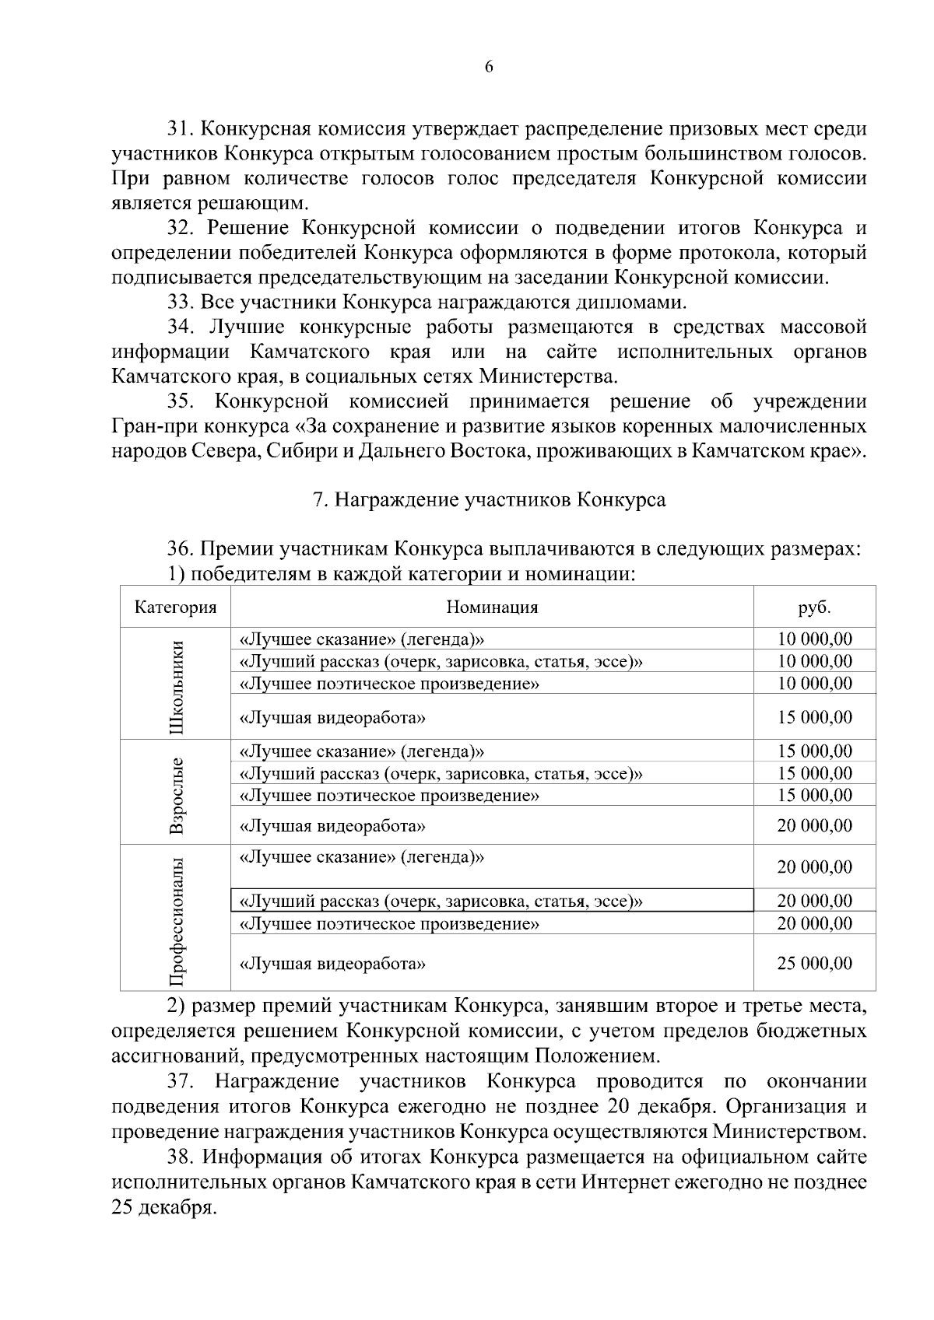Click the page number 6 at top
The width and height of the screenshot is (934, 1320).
pos(489,67)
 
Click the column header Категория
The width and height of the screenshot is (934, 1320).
pos(175,607)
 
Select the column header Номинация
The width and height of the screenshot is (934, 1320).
pos(492,607)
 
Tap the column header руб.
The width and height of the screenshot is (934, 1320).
pos(814,607)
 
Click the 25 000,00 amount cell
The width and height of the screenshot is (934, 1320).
pos(814,963)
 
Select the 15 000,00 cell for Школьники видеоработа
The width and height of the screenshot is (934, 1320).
pos(814,717)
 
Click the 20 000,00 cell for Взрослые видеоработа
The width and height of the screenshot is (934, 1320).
pos(814,825)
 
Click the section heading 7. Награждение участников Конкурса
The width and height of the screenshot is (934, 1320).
pos(489,499)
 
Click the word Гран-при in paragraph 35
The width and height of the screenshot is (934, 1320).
pos(142,426)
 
